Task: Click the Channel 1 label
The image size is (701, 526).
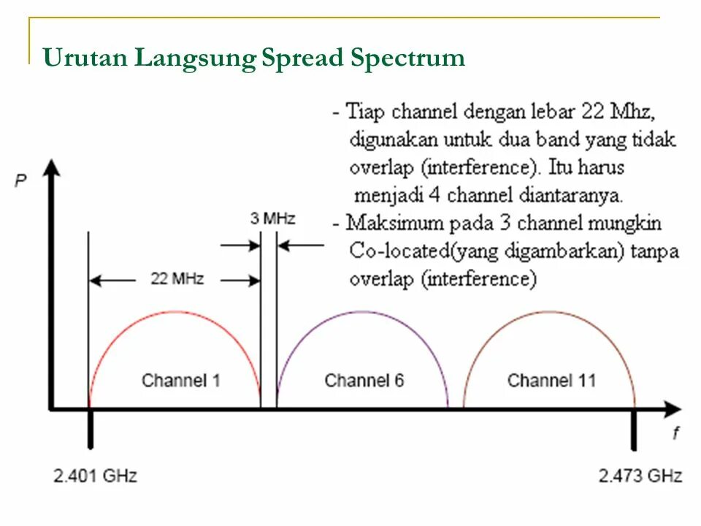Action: pyautogui.click(x=180, y=381)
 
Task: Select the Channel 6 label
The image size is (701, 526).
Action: pyautogui.click(x=364, y=381)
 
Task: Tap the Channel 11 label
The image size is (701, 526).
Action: pyautogui.click(x=551, y=381)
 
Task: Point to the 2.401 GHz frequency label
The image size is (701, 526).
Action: pyautogui.click(x=95, y=476)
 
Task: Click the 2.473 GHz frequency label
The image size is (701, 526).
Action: pyautogui.click(x=640, y=476)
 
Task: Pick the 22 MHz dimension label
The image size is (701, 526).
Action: pyautogui.click(x=177, y=279)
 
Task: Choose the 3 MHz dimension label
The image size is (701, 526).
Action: pyautogui.click(x=272, y=218)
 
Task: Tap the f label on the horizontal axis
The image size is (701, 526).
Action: pyautogui.click(x=675, y=434)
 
